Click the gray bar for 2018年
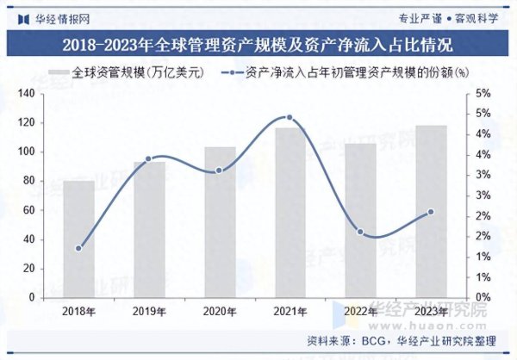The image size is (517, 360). pyautogui.click(x=78, y=239)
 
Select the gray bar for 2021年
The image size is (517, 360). pyautogui.click(x=289, y=213)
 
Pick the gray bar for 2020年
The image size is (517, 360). pyautogui.click(x=219, y=221)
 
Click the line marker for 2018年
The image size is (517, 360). pyautogui.click(x=78, y=248)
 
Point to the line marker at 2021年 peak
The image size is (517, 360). pyautogui.click(x=289, y=117)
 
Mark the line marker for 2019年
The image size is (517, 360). pyautogui.click(x=148, y=158)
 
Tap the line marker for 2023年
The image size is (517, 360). pyautogui.click(x=431, y=212)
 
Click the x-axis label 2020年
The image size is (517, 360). pyautogui.click(x=219, y=311)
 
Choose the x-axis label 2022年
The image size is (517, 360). pyautogui.click(x=360, y=311)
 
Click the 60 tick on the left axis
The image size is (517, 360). pyautogui.click(x=28, y=210)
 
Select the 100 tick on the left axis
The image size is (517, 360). pyautogui.click(x=25, y=152)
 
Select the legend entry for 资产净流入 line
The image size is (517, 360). pyautogui.click(x=345, y=72)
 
